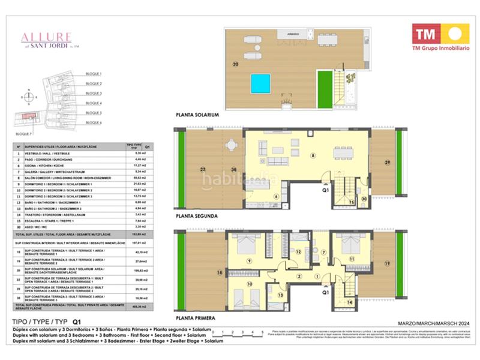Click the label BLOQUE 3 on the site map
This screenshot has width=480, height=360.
[94, 94]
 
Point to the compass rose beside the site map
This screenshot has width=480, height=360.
[29, 96]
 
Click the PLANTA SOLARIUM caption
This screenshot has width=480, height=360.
[196, 114]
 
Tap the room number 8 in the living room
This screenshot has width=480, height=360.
[313, 155]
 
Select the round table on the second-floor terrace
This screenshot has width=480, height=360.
[231, 145]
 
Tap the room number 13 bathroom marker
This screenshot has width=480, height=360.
[280, 295]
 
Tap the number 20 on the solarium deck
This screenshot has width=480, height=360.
[235, 64]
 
